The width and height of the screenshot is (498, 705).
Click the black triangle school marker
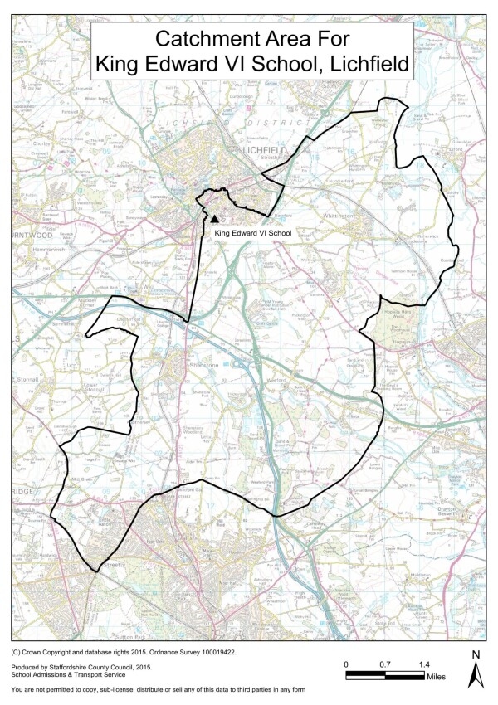(x=215, y=219)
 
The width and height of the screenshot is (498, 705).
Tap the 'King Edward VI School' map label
(x=253, y=234)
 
